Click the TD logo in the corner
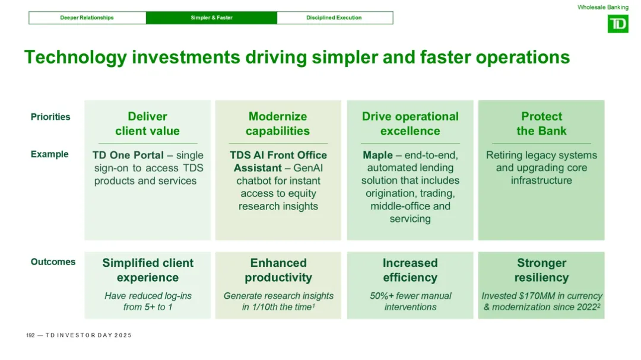point(618,24)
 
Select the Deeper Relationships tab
point(87,18)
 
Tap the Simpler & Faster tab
point(211,18)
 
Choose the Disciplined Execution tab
point(334,18)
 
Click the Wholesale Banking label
point(602,7)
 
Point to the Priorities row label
point(50,117)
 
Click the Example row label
point(49,154)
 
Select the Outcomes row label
point(53,262)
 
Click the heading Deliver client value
point(148,123)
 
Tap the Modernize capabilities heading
point(278,123)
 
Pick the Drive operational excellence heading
point(410,123)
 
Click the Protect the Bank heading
point(541,123)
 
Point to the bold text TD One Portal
point(128,155)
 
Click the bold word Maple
point(377,155)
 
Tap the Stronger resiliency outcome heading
point(541,270)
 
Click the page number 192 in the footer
point(30,335)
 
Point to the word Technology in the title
point(75,58)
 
